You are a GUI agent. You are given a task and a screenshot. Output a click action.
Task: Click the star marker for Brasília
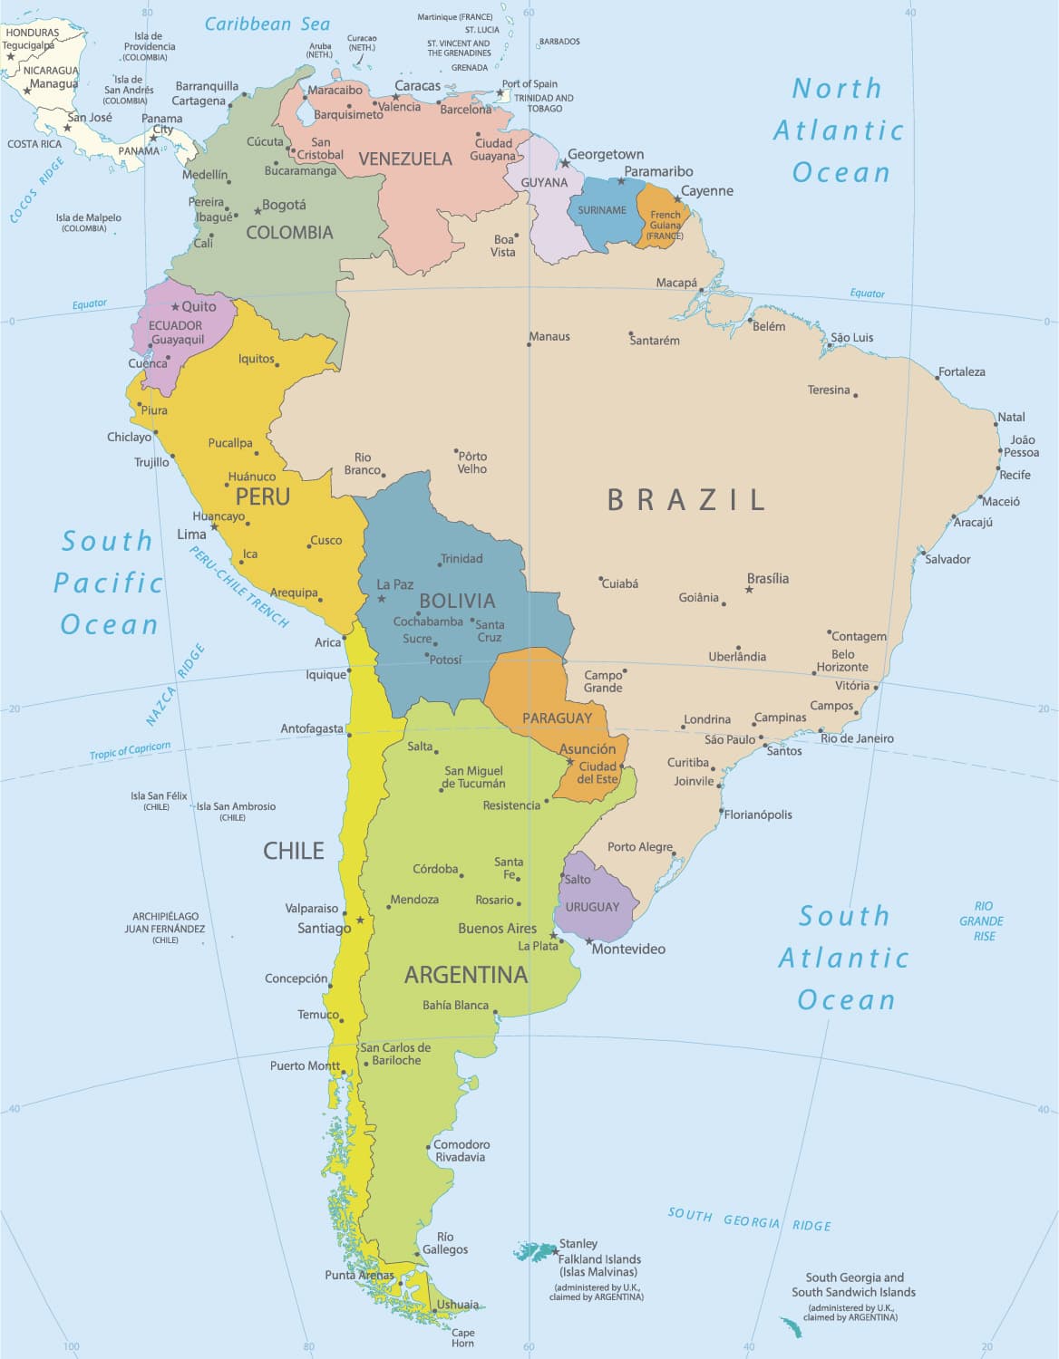[x=749, y=590]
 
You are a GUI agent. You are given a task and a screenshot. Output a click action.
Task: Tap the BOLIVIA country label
[x=457, y=601]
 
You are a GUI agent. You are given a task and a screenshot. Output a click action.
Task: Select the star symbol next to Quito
[x=176, y=307]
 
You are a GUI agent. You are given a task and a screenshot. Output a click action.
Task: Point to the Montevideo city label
[x=628, y=949]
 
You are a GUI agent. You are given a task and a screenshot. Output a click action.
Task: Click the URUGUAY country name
[x=592, y=907]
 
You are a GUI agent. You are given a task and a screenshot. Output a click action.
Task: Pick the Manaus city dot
[x=529, y=344]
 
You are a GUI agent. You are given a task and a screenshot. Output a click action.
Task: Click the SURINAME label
[x=602, y=210]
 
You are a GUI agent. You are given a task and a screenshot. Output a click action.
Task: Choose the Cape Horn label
[x=462, y=1337]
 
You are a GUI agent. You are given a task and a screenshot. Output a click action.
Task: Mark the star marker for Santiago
[x=360, y=920]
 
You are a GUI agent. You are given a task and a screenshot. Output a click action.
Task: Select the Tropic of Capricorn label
[x=130, y=751]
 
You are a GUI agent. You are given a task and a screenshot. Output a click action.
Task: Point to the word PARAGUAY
[x=557, y=718]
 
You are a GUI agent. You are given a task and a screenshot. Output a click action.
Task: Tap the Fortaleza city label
[x=962, y=371]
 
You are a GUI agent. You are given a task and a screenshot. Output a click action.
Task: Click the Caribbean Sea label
[x=267, y=24]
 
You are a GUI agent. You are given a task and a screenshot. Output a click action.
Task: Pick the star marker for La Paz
[x=382, y=599]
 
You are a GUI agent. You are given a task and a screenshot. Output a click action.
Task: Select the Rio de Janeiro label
[x=857, y=738]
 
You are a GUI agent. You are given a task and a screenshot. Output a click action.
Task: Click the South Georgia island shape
[x=792, y=1327]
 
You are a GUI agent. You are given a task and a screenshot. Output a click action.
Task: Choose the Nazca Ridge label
[x=175, y=685]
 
